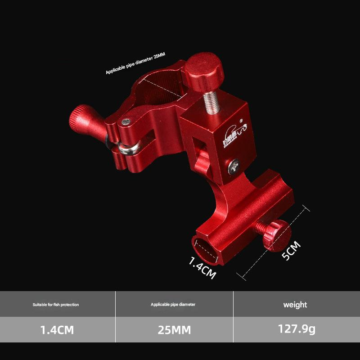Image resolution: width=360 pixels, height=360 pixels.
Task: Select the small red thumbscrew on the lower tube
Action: (274, 234)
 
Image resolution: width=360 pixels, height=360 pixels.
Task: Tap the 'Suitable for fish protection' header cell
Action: (56, 305)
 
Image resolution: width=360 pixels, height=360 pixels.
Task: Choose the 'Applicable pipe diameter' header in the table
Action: (173, 305)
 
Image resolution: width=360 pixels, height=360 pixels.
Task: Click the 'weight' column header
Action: (295, 305)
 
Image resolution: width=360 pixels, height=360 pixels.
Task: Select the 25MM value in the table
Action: (174, 330)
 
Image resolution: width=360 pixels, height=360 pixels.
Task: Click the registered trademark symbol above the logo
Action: (241, 121)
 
